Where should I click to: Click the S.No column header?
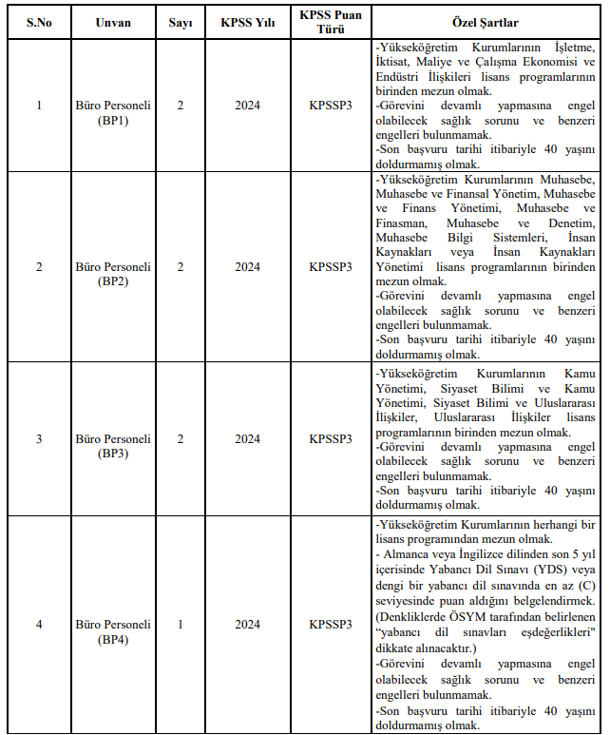pos(39,21)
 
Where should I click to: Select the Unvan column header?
pos(113,21)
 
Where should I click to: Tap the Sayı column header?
pos(181,21)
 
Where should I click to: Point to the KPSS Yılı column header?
pos(247,21)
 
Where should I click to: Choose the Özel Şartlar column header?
pos(485,21)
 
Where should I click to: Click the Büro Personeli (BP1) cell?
pos(113,105)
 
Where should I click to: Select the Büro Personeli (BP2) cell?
pos(113,267)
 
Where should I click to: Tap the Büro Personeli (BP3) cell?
pos(113,438)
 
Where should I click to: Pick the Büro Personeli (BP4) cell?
pos(113,625)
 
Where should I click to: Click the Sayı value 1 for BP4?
pos(181,625)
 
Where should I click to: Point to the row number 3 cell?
pos(39,438)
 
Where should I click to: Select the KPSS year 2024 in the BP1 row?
pos(247,105)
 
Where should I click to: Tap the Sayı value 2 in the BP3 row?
pos(181,438)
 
